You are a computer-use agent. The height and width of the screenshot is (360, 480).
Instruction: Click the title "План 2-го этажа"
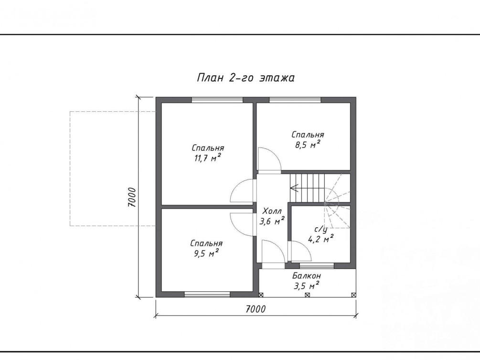coord(245,78)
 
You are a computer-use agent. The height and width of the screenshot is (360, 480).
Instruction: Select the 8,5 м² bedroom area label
coord(308,139)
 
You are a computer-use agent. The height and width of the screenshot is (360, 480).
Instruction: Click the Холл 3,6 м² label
coord(272,216)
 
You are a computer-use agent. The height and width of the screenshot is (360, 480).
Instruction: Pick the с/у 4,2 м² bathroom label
coord(320,234)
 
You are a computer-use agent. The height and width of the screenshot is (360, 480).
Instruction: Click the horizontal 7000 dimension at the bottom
coord(256,309)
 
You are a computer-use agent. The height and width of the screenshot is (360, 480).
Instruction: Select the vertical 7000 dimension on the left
coord(132,197)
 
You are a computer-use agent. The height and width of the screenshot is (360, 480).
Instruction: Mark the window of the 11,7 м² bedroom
coord(217,100)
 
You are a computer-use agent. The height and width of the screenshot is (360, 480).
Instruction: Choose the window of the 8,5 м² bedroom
coord(295,100)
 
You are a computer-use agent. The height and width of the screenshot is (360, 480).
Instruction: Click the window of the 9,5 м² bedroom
coord(207,294)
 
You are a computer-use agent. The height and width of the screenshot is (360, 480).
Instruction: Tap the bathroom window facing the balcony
coord(317,265)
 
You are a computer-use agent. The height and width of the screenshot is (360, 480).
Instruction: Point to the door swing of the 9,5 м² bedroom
coord(243,224)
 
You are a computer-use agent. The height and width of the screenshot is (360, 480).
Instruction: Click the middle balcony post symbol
coord(308,295)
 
